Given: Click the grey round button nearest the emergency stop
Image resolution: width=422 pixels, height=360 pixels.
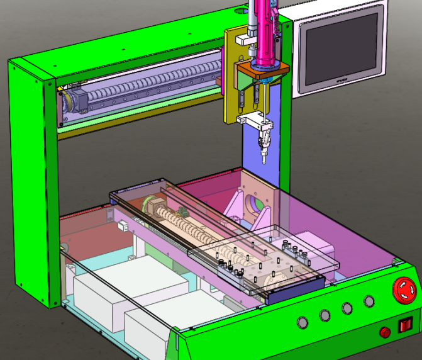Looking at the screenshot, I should click(369, 301).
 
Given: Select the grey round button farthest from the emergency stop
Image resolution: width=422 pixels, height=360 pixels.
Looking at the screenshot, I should click(303, 323).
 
